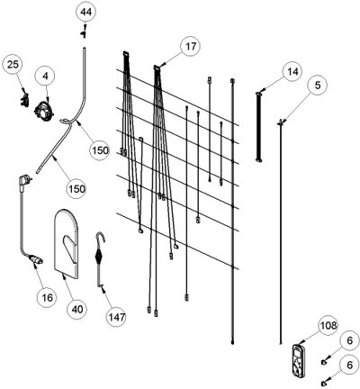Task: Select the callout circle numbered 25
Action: pyautogui.click(x=13, y=65)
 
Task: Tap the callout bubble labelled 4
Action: pyautogui.click(x=45, y=77)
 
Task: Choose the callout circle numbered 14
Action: pyautogui.click(x=292, y=72)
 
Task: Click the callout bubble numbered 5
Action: pyautogui.click(x=318, y=86)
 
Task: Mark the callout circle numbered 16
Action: pyautogui.click(x=47, y=297)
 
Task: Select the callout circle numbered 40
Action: pyautogui.click(x=77, y=309)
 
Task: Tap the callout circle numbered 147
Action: pyautogui.click(x=116, y=317)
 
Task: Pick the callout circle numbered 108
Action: pyautogui.click(x=328, y=325)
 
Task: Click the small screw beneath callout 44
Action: pyautogui.click(x=84, y=34)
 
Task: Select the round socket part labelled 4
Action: pyautogui.click(x=45, y=111)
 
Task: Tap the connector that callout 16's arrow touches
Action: pyautogui.click(x=35, y=259)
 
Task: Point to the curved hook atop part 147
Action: pyautogui.click(x=101, y=237)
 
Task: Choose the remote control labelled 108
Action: pyautogui.click(x=299, y=360)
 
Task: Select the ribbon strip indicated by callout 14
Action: pyautogui.click(x=259, y=127)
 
